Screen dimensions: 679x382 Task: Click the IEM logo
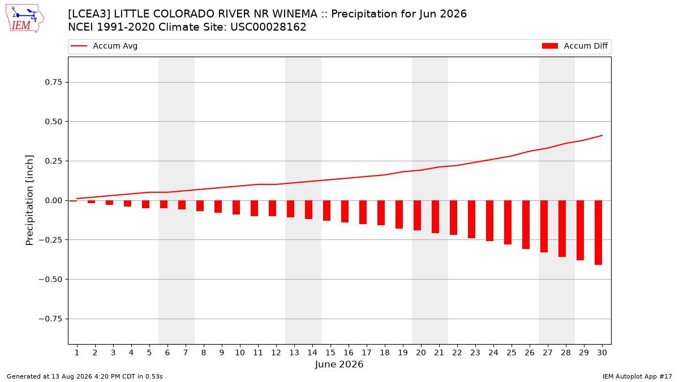(x=25, y=19)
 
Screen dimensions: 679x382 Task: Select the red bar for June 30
(x=598, y=233)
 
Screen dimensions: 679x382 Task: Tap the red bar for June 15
(x=326, y=211)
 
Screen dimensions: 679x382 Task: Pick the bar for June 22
(x=453, y=218)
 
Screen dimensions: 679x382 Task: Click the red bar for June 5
(x=145, y=204)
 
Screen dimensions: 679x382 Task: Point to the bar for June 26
(x=526, y=225)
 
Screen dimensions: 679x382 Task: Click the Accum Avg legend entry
(x=104, y=46)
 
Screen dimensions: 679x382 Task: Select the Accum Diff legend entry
(x=575, y=46)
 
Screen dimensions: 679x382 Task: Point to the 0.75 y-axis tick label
(x=53, y=82)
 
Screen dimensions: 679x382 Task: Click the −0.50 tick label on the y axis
(x=50, y=279)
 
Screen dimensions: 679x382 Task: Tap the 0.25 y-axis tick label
(x=53, y=161)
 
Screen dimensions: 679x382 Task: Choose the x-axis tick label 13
(x=294, y=353)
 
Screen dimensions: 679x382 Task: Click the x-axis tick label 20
(x=421, y=353)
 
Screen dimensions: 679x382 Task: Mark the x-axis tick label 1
(x=77, y=353)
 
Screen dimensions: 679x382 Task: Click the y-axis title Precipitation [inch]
(x=29, y=200)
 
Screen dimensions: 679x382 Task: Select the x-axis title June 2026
(x=339, y=364)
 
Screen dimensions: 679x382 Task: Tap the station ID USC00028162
(x=268, y=27)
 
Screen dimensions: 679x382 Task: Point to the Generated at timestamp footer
(x=84, y=376)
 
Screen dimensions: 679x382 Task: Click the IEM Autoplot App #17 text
(x=637, y=376)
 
